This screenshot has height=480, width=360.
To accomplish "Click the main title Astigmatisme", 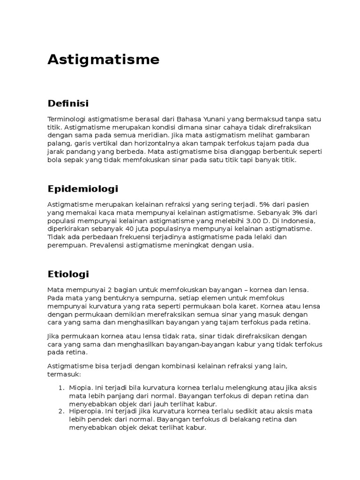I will pos(103,60).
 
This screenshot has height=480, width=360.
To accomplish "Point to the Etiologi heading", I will pos(68,274).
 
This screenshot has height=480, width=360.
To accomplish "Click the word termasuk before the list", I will pos(64,375).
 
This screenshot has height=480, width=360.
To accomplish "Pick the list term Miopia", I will pos(79,387).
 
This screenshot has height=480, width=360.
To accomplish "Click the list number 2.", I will pos(61,411).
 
